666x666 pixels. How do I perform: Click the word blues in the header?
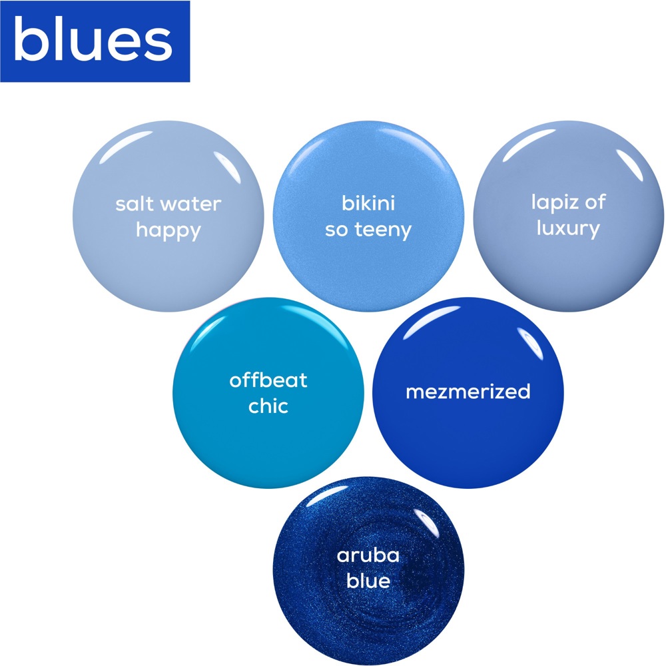pyautogui.click(x=93, y=39)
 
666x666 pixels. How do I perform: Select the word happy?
pyautogui.click(x=168, y=231)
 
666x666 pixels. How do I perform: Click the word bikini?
pyautogui.click(x=368, y=202)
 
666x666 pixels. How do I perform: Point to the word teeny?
pyautogui.click(x=383, y=230)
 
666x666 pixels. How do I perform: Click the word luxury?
pyautogui.click(x=568, y=228)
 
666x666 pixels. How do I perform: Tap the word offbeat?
pyautogui.click(x=268, y=380)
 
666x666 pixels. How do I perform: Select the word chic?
pyautogui.click(x=268, y=406)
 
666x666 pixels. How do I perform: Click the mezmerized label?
pyautogui.click(x=468, y=392)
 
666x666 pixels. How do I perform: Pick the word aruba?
pyautogui.click(x=368, y=555)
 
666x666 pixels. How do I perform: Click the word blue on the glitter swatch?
pyautogui.click(x=368, y=581)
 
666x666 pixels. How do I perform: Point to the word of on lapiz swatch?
pyautogui.click(x=595, y=202)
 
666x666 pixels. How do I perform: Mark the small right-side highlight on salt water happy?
pyautogui.click(x=228, y=167)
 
